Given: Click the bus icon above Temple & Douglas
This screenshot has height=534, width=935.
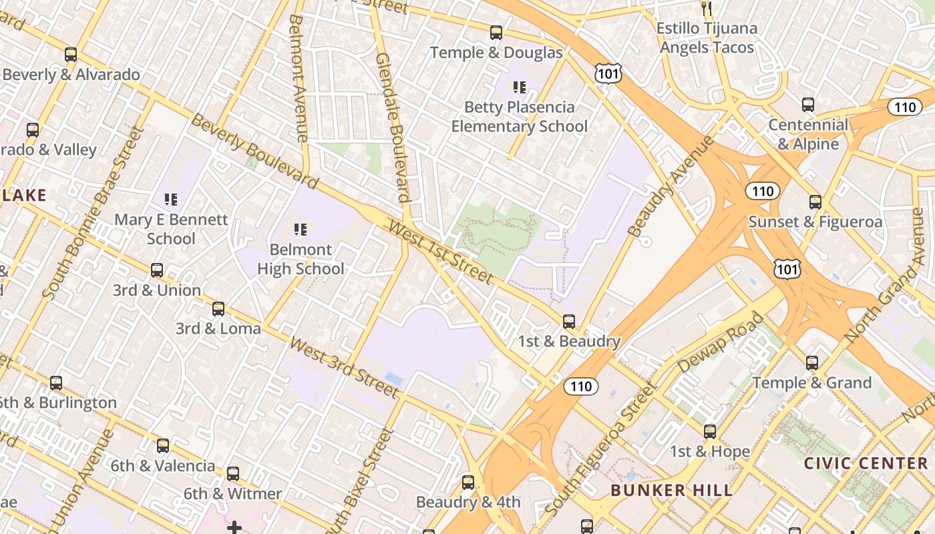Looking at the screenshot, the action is pos(496,32).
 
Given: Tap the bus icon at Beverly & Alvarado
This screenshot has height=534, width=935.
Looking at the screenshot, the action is pos(71,55).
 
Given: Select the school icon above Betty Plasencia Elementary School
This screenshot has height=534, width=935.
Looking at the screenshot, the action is pos(519,87).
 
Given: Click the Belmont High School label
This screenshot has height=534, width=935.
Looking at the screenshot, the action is pos(301,259).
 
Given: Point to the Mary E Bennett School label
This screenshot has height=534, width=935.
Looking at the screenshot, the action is pos(171,229).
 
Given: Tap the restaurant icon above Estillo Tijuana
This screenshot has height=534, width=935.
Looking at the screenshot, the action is pos(707,8).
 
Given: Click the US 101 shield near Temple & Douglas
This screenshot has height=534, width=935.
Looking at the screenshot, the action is pos(608,73).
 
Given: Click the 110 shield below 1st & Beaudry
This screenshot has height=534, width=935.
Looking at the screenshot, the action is pos(580,386).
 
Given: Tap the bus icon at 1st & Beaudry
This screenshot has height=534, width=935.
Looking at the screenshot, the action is pos(569,322).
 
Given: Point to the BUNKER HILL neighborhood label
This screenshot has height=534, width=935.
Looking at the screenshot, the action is pos(672,491).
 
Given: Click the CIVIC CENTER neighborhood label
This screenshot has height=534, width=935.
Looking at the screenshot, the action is pos(866,463).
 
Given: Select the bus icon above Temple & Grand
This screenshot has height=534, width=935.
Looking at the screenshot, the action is pos(812,363).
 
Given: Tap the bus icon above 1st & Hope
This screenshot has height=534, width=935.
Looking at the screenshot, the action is pos(710,432).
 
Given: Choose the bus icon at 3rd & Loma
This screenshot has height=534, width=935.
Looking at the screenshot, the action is pos(218,309).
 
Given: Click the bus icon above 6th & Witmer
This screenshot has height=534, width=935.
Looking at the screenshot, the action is pos(232,474).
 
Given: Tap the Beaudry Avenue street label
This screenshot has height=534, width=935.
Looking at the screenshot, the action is pos(671,186).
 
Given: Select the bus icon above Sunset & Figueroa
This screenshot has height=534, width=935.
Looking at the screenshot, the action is pos(815,202).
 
